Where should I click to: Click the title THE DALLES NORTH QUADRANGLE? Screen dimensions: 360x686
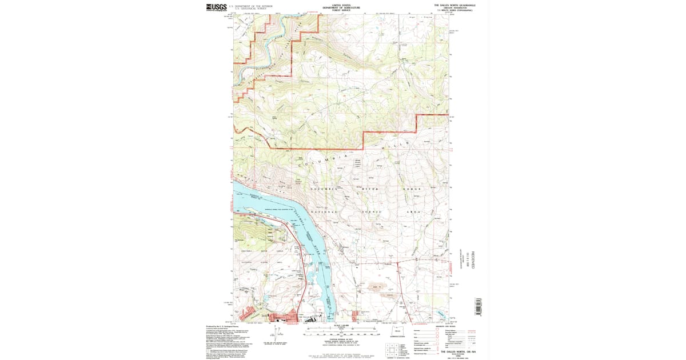coord(454,5)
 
